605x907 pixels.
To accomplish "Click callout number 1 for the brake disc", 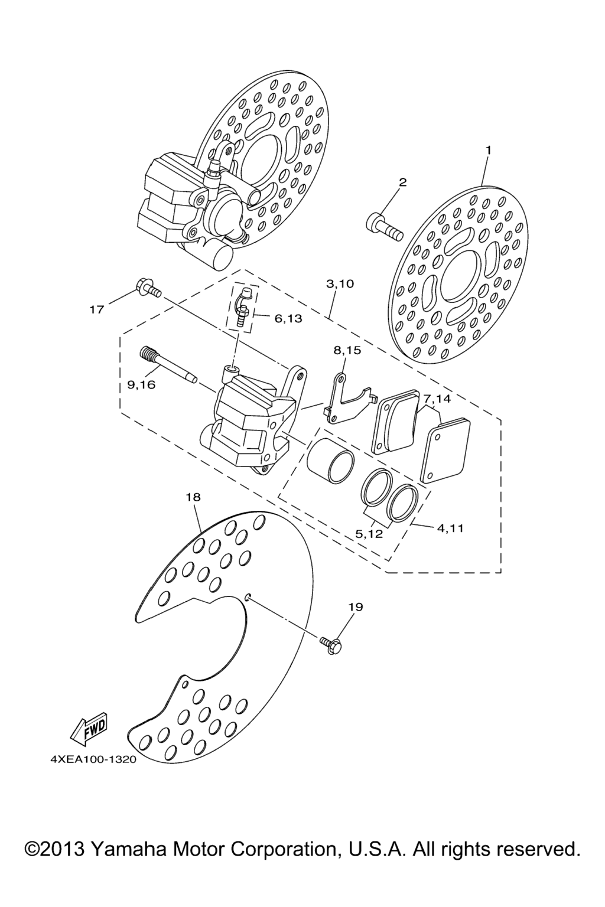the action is click(x=488, y=150).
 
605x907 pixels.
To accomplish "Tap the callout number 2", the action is click(x=402, y=182).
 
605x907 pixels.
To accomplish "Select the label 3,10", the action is click(x=340, y=284).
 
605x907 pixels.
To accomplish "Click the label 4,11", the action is click(x=450, y=528).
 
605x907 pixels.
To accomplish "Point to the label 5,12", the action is click(x=369, y=534).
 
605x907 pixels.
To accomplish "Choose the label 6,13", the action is click(x=288, y=319).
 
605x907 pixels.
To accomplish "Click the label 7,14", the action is click(x=437, y=399).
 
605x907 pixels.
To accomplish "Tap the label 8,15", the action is click(x=347, y=350).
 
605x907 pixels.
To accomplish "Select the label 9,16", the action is click(x=141, y=384).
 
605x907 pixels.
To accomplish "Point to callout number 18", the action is click(x=193, y=497).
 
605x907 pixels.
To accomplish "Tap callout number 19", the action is click(x=356, y=618).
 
